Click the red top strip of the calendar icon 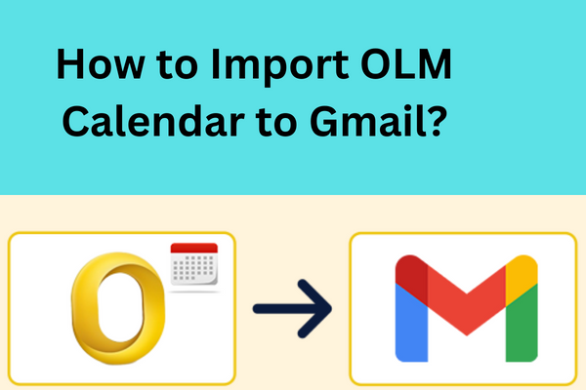(194, 250)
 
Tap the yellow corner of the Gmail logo (523, 271)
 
